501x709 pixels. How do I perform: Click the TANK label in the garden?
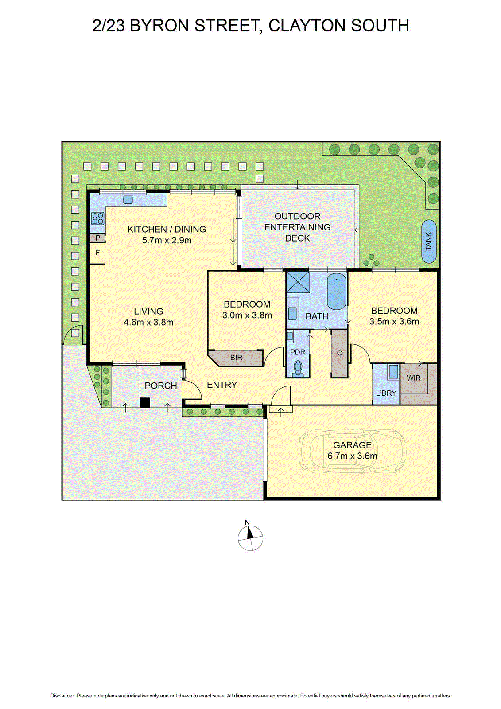(x=428, y=242)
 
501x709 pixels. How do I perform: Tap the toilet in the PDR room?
(x=298, y=367)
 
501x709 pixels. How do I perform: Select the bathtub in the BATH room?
(x=337, y=292)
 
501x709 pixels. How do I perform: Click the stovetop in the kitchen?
(x=98, y=218)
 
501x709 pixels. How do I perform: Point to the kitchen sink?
(x=128, y=199)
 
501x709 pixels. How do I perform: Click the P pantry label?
(x=98, y=238)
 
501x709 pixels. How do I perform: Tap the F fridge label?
(x=98, y=253)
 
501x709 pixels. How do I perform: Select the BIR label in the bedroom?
(x=236, y=358)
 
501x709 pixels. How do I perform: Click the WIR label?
(x=414, y=378)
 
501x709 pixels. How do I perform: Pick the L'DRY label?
(x=386, y=393)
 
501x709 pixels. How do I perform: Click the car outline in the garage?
(x=353, y=450)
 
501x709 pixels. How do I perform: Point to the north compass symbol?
(x=250, y=538)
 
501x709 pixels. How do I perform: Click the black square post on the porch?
(x=144, y=402)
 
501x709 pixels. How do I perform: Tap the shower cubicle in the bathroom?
(x=298, y=282)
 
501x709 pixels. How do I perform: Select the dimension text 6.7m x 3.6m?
(x=353, y=456)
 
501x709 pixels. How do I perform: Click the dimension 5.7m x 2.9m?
(x=167, y=240)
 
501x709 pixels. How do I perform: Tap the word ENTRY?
(x=222, y=385)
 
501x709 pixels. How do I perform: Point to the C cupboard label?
(x=339, y=353)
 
